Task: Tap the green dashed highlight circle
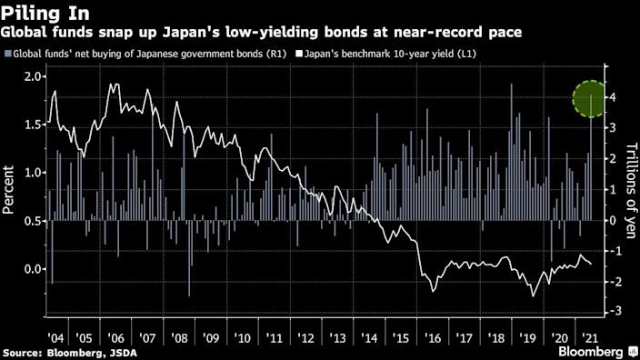point(596,96)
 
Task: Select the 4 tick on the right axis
point(615,97)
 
